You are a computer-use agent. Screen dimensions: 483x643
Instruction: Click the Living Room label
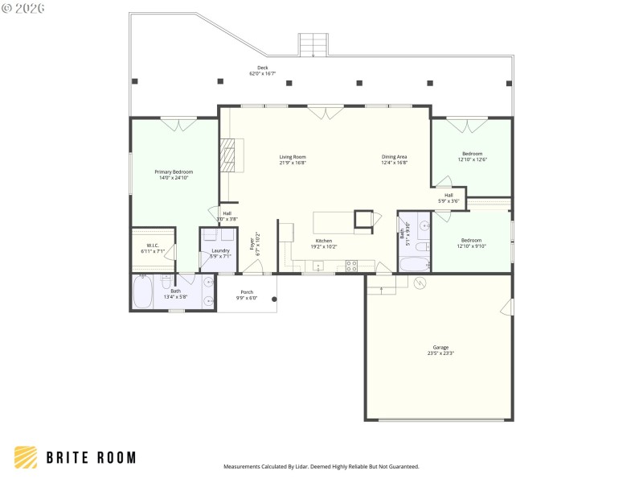click(293, 157)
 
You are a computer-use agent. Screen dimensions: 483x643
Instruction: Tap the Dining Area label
click(394, 157)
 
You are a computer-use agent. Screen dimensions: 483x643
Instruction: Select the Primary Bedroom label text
click(174, 171)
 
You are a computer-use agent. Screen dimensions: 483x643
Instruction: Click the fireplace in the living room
click(231, 155)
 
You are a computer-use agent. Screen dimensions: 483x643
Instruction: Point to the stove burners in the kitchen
click(351, 264)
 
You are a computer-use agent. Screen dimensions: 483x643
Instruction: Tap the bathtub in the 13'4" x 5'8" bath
click(143, 293)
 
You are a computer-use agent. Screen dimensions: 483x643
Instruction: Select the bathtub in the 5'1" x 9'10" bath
click(415, 264)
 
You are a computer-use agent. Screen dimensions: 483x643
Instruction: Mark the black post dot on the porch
click(274, 299)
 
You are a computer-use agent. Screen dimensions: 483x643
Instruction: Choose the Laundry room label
click(220, 250)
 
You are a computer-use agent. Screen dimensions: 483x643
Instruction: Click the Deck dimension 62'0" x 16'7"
click(262, 74)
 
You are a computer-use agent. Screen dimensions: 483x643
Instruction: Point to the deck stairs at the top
click(313, 45)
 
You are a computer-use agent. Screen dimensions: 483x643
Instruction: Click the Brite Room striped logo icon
click(25, 457)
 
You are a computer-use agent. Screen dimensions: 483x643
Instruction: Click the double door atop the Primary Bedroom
click(178, 124)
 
